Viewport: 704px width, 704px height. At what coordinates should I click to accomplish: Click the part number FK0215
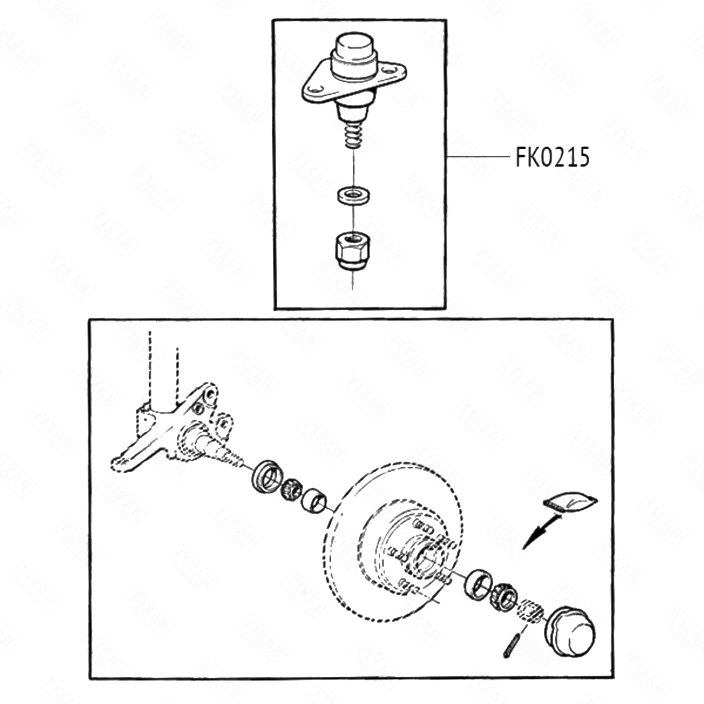(552, 157)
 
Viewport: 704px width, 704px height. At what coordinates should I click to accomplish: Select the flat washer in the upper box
(353, 194)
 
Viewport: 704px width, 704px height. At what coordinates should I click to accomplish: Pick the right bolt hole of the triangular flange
(389, 70)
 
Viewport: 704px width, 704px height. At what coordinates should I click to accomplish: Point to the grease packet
(570, 502)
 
